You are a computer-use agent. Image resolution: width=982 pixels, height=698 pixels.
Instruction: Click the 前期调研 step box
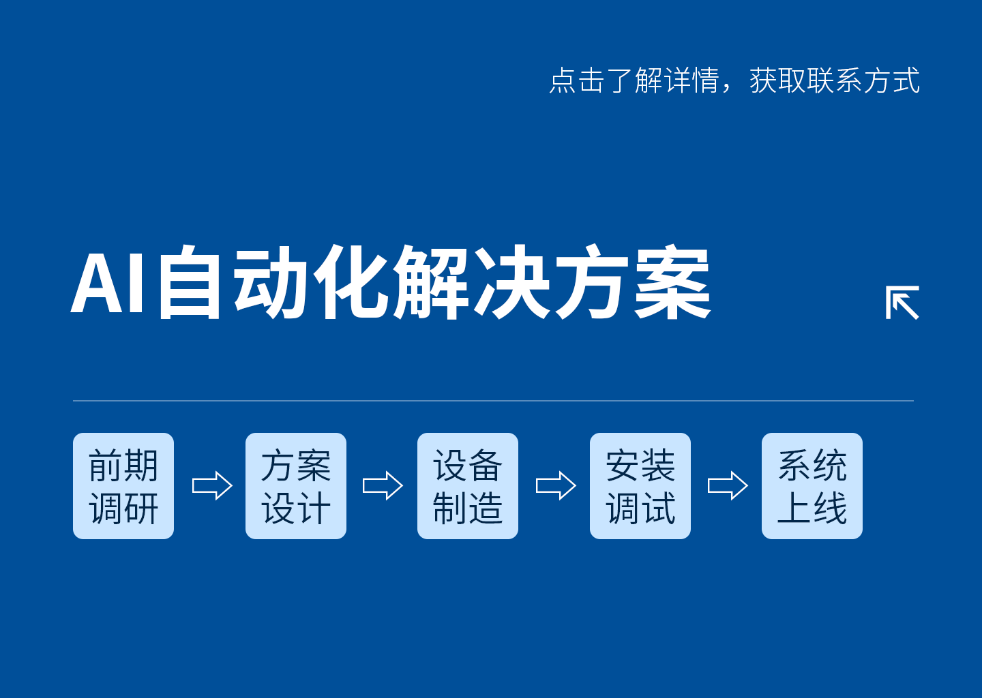tap(123, 486)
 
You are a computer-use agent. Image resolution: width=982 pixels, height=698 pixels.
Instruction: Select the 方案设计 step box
tap(296, 486)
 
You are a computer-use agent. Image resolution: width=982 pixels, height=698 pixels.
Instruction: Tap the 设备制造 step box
tap(468, 486)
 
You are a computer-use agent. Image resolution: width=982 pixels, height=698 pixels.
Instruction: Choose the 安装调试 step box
tap(640, 486)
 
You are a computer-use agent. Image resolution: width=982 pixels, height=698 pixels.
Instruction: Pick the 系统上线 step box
tap(812, 486)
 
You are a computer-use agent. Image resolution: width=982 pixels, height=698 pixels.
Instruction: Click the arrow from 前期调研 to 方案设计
tap(212, 486)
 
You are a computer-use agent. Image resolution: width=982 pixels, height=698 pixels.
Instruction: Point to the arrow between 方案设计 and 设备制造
tap(383, 486)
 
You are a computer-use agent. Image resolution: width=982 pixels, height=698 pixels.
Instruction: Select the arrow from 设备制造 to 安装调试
tap(556, 486)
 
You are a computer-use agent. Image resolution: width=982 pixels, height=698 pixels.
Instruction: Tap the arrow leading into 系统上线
tap(728, 486)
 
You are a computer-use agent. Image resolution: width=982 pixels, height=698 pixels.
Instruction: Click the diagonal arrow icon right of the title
tap(902, 303)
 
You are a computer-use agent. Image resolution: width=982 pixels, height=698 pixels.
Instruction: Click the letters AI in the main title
tap(109, 284)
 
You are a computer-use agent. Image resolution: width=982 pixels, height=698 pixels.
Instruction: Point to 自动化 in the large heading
tap(273, 282)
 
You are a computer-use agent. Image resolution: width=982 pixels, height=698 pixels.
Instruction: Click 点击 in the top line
tap(577, 80)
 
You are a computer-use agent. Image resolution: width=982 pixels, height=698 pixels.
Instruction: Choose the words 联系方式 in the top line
tap(863, 80)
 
